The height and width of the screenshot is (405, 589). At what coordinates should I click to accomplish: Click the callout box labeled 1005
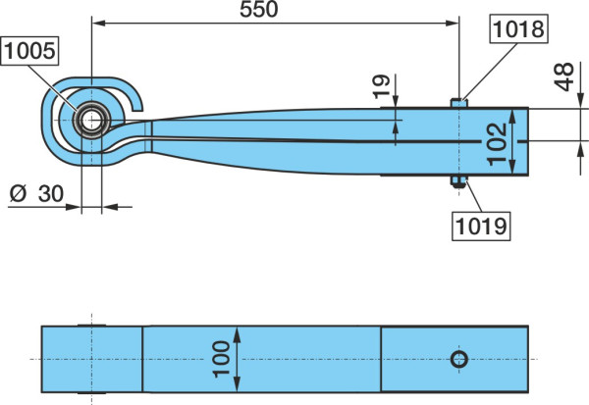click(x=29, y=51)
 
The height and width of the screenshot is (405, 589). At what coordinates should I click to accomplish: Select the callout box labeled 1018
click(x=518, y=28)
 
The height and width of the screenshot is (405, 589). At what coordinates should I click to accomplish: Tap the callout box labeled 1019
click(x=481, y=226)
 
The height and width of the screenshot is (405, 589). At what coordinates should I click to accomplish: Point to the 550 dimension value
click(x=259, y=9)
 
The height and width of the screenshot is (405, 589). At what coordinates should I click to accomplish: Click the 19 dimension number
click(x=382, y=87)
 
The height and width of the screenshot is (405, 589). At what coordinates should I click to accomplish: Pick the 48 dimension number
click(x=564, y=76)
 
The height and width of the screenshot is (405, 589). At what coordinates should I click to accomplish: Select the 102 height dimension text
click(x=498, y=144)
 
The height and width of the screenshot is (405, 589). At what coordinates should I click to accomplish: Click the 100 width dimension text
click(x=221, y=359)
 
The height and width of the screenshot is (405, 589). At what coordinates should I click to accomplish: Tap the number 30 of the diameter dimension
click(x=51, y=194)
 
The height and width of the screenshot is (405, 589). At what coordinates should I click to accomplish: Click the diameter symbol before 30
click(x=19, y=194)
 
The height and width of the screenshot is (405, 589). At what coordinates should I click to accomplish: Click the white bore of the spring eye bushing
click(x=91, y=121)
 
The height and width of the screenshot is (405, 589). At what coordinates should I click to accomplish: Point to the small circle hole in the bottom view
click(x=459, y=359)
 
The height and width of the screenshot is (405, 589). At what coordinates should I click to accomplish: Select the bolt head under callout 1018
click(x=458, y=103)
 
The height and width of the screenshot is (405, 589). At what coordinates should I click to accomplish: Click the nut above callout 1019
click(x=458, y=181)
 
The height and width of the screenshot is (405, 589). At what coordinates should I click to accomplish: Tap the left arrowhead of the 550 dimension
click(x=98, y=24)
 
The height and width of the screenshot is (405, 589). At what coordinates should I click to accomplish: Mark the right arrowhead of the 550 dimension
click(x=452, y=24)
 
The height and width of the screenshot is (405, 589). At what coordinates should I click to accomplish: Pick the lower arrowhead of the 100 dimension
click(x=237, y=384)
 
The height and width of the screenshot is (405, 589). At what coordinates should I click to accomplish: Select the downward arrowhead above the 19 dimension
click(x=396, y=101)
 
